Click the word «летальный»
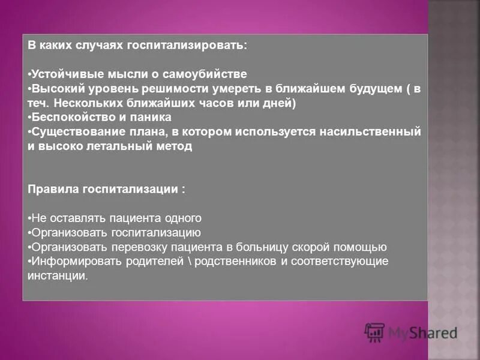coord(119,146)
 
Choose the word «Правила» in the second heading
coord(53,189)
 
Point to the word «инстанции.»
coord(58,275)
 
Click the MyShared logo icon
coord(374,332)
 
